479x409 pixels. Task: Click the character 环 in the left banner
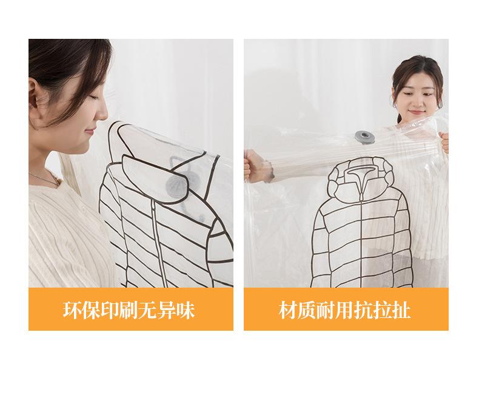(x=72, y=309)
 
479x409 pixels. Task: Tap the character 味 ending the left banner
(x=187, y=309)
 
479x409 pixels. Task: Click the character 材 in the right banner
(x=288, y=309)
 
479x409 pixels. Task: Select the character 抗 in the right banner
(x=364, y=309)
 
